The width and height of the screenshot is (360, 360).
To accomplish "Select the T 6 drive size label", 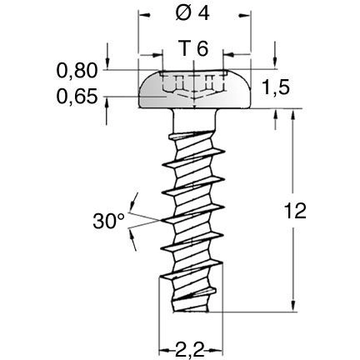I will [193, 48].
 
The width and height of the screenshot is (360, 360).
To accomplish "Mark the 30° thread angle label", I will [108, 222].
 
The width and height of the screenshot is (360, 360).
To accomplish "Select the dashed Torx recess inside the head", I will [192, 85].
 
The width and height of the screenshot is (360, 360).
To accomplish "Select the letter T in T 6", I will [185, 48].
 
